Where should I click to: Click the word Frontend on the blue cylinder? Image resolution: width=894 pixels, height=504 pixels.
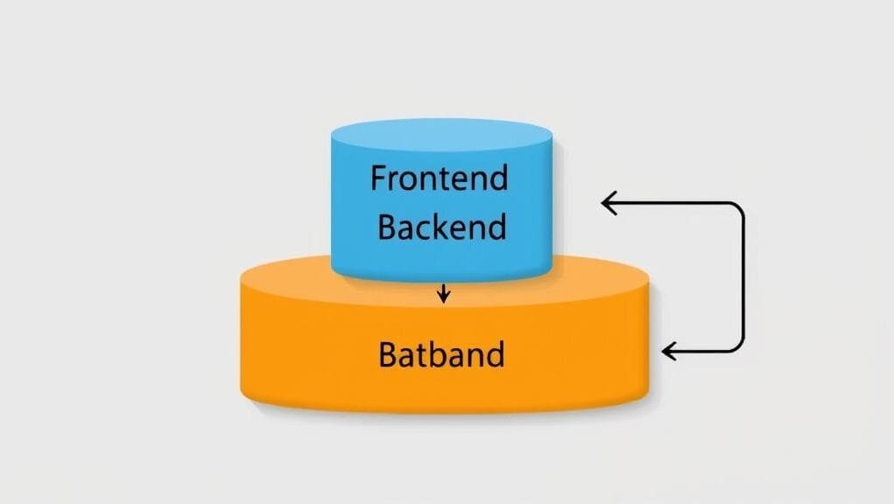pos(439,178)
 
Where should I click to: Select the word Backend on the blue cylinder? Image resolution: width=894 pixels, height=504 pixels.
pos(441,227)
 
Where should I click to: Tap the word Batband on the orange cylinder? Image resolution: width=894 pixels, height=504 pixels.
pos(441,355)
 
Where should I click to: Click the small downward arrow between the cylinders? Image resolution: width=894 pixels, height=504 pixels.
pos(443,294)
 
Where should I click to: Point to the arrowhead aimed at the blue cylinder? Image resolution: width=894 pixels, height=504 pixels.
pos(609,204)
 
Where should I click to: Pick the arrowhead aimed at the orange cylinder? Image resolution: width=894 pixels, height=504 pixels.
pos(669,352)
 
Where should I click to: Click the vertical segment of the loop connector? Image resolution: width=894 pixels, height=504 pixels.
pos(743,278)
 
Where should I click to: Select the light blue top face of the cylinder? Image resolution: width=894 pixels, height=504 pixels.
pos(441,136)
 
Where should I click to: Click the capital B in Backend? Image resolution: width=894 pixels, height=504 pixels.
pos(386,227)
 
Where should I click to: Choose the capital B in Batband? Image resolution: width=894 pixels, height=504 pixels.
pos(388,355)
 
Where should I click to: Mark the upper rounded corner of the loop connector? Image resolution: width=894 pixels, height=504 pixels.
pos(737,210)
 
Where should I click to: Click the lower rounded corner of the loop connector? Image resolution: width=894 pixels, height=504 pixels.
pos(737,346)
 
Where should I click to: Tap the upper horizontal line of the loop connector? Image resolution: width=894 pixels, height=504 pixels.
pos(674,204)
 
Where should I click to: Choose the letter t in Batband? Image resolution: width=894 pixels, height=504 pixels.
pos(422,355)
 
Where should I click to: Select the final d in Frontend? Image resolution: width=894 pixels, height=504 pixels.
pos(497,178)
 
